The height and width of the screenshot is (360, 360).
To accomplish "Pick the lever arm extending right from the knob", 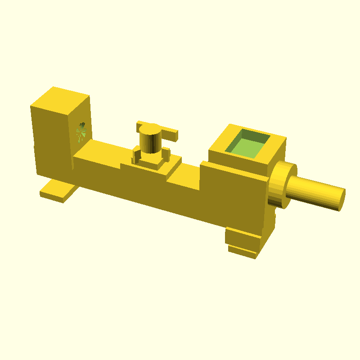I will pos(170,134).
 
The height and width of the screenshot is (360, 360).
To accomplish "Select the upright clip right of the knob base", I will pos(166,153).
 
